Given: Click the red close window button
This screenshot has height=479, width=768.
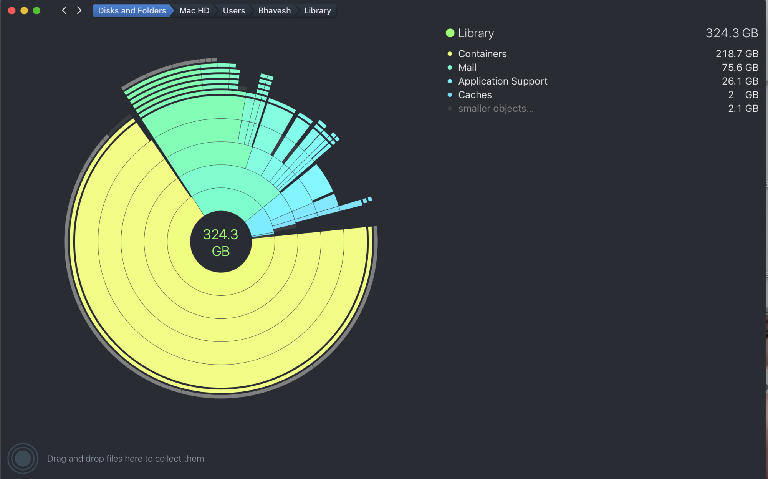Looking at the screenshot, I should coord(12,11).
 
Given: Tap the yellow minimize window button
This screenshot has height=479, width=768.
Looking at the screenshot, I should coord(24,11).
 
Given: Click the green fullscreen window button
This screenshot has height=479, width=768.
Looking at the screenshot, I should coord(37,11).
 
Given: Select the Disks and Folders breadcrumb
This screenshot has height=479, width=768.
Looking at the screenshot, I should coord(132,11).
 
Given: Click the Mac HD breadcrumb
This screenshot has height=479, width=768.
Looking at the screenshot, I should coord(194,11).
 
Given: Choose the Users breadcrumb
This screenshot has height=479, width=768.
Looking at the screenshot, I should coord(233,11).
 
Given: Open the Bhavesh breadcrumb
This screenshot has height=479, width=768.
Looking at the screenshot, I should coord(274,11).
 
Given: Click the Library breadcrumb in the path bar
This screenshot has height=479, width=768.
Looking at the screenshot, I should coord(317,11).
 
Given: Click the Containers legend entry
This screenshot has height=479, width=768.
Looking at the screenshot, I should coord(482,54).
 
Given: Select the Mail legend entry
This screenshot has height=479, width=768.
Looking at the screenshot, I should coord(467,68).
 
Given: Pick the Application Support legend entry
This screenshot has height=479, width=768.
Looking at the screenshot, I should coord(503,81).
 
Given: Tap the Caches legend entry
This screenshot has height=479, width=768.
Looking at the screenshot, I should coord(475,95).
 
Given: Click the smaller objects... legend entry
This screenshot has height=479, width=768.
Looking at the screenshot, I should coord(496,109).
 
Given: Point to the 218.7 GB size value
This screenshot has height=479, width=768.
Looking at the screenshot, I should coord(737,54).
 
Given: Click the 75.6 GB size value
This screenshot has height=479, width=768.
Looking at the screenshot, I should coord(740,68).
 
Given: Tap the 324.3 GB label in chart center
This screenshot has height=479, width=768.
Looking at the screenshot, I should coord(221,242).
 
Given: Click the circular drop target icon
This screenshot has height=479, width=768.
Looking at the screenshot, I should coord(23,458).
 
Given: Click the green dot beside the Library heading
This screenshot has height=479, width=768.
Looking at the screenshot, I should coord(450,33).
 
